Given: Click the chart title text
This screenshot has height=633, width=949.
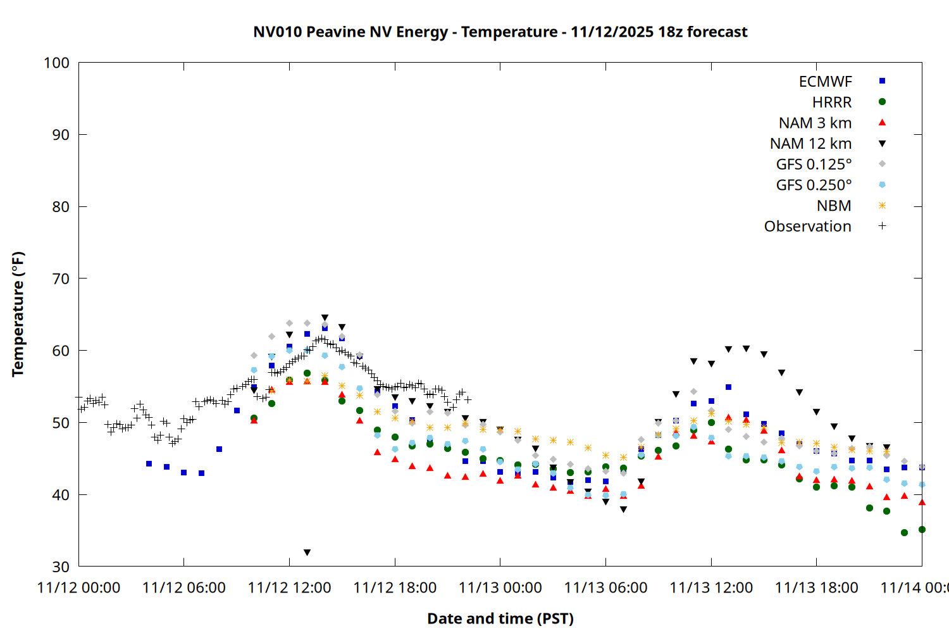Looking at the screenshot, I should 500,32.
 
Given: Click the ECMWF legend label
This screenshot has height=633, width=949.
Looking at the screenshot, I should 825,82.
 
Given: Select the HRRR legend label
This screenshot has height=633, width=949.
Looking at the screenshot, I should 831,103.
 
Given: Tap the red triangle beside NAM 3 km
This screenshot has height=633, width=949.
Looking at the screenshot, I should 882,123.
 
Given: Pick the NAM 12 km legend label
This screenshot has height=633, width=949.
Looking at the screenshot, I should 810,144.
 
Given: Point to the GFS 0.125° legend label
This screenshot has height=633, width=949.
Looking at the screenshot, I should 814,165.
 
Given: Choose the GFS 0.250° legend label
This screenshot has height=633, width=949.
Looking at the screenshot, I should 814,185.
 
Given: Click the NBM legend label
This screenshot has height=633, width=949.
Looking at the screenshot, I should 834,206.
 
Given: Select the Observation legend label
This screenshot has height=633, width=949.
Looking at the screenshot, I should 807,227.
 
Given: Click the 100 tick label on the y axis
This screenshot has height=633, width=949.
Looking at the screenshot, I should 56,63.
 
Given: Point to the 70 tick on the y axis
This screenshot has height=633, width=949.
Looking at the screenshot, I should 61,279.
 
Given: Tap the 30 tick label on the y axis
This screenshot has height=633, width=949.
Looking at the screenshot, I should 61,567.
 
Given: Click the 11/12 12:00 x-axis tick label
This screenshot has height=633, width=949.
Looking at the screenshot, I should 289,588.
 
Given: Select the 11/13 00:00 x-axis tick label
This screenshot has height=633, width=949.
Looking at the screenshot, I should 500,588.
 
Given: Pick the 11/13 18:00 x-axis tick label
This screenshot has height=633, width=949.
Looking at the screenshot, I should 816,588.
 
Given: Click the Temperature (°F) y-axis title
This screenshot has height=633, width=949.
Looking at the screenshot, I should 18,314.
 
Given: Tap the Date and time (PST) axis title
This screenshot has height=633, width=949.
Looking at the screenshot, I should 500,618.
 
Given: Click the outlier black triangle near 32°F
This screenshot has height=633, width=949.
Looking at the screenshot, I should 307,553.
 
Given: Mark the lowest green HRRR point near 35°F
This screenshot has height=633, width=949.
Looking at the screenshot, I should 904,533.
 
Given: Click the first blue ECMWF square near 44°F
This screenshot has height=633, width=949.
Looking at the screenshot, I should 149,464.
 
